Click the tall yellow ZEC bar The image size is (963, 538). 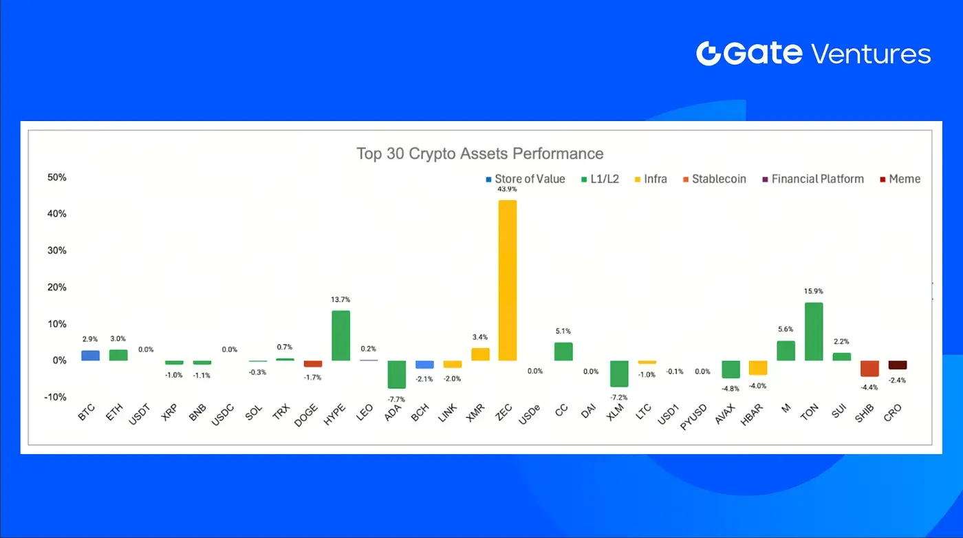508,280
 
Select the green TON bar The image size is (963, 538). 814,331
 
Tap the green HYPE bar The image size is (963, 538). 340,335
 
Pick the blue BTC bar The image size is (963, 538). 90,355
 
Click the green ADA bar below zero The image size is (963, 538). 396,374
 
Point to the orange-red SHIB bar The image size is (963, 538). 869,368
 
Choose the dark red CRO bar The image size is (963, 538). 897,365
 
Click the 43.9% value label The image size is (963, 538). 508,189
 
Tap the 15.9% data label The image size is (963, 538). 814,291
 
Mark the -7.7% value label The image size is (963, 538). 396,399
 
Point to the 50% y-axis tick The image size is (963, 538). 57,177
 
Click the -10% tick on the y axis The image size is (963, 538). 56,397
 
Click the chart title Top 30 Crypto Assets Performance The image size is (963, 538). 480,153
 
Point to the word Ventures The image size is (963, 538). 871,54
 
